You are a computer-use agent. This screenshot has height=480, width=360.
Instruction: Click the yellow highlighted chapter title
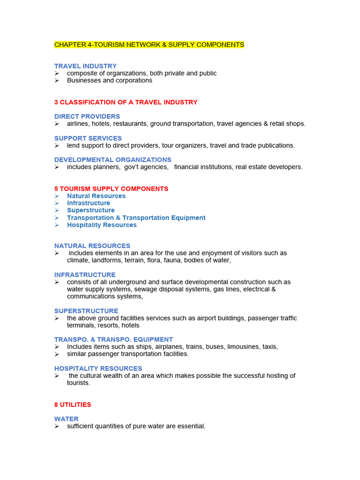[149, 45]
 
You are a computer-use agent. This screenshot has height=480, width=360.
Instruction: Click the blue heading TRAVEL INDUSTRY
[85, 66]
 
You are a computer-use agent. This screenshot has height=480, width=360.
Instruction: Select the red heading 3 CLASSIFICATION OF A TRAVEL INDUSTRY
[126, 102]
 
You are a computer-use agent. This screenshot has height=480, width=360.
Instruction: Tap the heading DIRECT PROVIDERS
[87, 116]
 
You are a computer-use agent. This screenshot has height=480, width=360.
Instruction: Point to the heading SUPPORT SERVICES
[88, 138]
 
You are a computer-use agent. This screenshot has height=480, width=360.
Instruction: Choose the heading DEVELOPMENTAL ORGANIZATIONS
[112, 160]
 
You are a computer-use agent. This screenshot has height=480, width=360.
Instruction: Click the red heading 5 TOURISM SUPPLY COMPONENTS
[111, 188]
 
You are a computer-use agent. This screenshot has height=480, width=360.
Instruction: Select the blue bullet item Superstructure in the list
[90, 210]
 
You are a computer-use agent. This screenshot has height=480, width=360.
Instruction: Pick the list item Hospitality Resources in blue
[102, 225]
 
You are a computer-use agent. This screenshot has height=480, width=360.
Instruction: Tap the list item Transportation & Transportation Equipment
[136, 217]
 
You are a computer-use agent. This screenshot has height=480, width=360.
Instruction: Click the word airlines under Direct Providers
[78, 124]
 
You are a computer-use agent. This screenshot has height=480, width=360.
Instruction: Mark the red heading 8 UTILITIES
[73, 405]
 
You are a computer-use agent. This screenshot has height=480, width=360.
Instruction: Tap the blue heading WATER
[67, 419]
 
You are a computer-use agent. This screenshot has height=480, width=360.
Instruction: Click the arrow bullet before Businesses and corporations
[57, 81]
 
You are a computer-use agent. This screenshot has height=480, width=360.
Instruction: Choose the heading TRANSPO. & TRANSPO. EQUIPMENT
[113, 339]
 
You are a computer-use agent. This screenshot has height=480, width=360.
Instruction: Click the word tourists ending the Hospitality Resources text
[78, 383]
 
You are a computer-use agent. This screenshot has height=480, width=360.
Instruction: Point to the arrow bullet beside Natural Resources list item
[57, 196]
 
